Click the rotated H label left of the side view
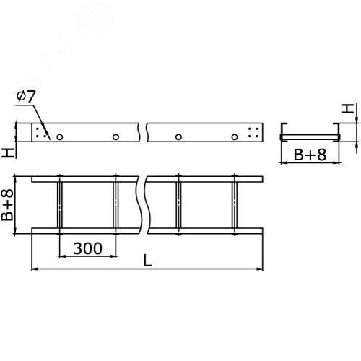pyautogui.click(x=7, y=152)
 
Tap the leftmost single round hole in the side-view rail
pyautogui.click(x=60, y=136)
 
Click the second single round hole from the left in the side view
pyautogui.click(x=116, y=136)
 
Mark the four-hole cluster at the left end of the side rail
pyautogui.click(x=41, y=134)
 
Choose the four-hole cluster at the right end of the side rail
pyautogui.click(x=253, y=134)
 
